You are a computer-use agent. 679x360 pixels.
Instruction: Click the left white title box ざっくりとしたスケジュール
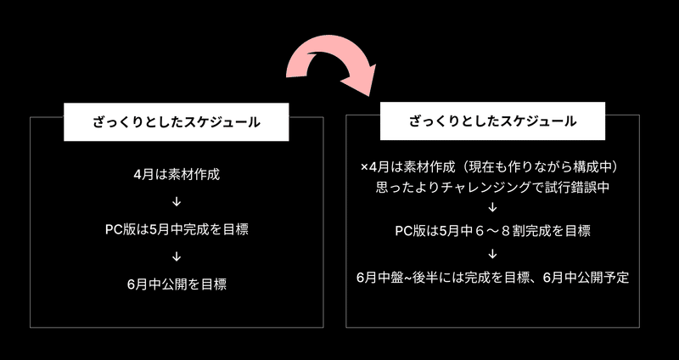click(x=177, y=121)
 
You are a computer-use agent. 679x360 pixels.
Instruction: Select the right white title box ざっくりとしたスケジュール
click(x=492, y=121)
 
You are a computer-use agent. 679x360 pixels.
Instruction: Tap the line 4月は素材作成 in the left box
click(x=177, y=175)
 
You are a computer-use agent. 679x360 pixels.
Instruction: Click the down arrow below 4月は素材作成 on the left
click(x=177, y=202)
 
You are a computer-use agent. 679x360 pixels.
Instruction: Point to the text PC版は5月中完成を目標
click(x=177, y=229)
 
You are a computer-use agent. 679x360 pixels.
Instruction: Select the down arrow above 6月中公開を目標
click(x=177, y=256)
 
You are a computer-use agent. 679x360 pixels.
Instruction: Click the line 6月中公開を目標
click(x=177, y=284)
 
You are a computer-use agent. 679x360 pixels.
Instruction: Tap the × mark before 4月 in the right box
click(x=364, y=167)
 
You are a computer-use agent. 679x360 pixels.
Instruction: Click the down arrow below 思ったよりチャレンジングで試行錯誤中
click(x=492, y=207)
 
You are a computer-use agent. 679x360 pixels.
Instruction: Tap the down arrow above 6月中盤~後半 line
click(x=492, y=254)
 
